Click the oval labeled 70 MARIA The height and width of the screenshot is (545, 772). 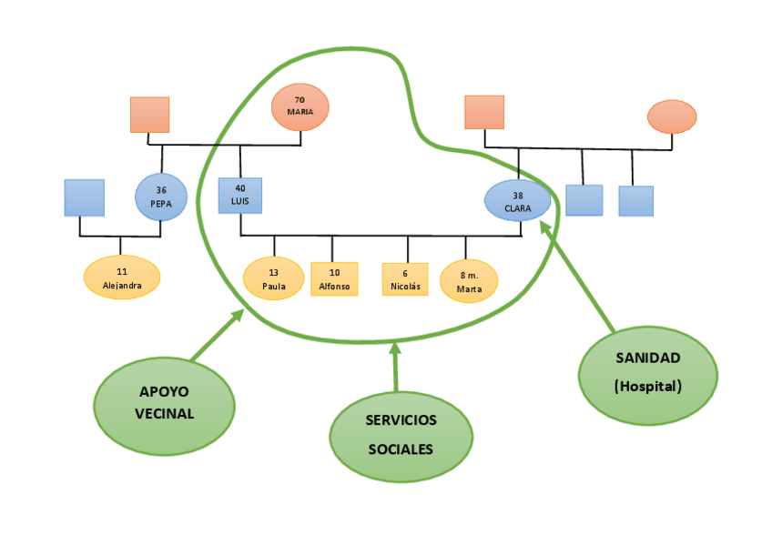[300, 106]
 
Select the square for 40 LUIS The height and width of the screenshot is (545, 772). [240, 196]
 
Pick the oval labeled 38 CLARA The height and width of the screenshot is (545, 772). [517, 201]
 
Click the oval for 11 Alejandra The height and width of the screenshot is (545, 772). [121, 277]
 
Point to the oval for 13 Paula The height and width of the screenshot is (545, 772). [274, 278]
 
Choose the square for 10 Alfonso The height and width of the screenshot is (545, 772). [333, 278]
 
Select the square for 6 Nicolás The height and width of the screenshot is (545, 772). [405, 279]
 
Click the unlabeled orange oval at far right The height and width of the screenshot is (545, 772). [673, 116]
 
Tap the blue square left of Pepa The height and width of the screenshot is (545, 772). [84, 197]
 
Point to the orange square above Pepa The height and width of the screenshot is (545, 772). [148, 114]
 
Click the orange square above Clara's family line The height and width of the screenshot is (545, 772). [484, 112]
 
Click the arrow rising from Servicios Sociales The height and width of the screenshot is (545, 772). [395, 368]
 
